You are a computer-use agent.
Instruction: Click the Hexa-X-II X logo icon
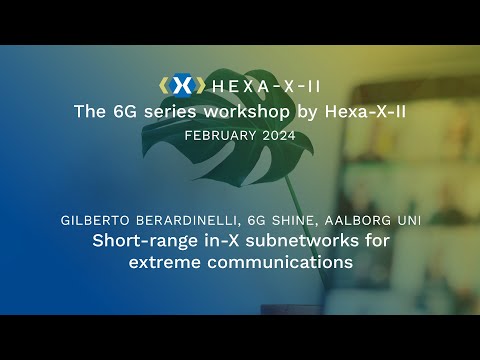pyautogui.click(x=181, y=85)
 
